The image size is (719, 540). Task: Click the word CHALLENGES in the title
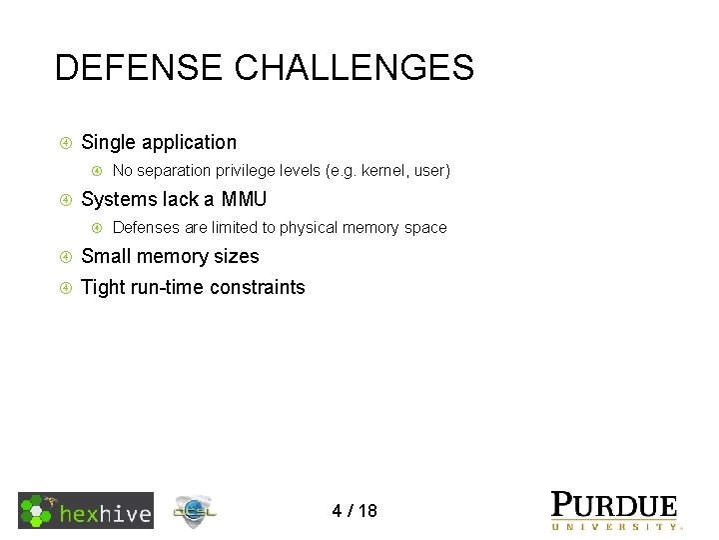point(354,68)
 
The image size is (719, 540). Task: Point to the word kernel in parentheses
point(385,171)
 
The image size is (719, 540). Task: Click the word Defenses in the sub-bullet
point(146,228)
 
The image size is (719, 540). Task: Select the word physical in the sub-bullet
point(308,228)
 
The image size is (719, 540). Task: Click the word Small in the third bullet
point(106,257)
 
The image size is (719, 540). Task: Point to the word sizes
point(236,257)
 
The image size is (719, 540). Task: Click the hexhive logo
point(86,511)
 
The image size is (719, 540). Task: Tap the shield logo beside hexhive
point(194,512)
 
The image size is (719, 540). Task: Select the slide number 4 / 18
point(355,511)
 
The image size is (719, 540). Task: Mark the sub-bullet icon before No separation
point(97,171)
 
